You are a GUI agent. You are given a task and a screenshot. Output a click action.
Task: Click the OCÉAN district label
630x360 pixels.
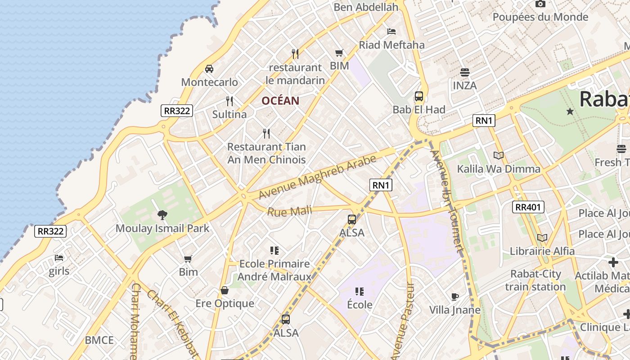tap(280, 101)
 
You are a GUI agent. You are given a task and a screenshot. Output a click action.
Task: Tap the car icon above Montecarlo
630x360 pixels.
tap(209, 69)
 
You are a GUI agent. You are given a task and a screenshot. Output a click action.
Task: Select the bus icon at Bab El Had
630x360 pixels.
tap(419, 96)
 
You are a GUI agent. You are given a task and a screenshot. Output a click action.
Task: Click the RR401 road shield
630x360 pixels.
tap(528, 207)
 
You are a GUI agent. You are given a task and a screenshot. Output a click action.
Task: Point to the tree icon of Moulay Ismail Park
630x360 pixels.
tap(162, 215)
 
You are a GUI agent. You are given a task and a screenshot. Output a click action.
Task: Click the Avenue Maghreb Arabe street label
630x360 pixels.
tap(318, 177)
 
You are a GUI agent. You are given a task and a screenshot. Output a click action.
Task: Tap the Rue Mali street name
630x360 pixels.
tap(289, 211)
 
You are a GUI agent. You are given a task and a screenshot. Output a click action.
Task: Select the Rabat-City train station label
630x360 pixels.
tap(535, 280)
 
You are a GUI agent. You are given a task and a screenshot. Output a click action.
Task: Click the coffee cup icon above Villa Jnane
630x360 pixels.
tap(455, 297)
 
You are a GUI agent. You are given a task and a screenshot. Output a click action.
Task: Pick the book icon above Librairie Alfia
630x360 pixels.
tap(542, 238)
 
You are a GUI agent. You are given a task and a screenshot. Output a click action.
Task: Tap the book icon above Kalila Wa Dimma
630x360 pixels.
tap(498, 155)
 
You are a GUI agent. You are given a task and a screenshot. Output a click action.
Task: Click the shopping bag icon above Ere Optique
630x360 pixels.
tap(225, 290)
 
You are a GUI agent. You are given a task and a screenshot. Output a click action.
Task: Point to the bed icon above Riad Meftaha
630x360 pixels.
tap(391, 31)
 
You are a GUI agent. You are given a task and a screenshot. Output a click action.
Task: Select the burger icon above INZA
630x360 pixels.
tap(464, 72)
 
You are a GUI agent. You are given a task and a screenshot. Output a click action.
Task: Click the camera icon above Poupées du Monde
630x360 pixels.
tap(540, 4)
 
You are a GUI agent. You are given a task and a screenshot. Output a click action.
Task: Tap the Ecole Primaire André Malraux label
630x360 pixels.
tap(274, 270)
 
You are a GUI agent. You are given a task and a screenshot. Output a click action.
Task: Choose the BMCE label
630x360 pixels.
tap(99, 340)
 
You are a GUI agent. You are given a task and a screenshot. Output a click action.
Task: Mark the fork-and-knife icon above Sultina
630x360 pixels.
tap(229, 101)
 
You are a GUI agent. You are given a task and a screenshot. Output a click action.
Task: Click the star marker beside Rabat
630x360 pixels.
tap(570, 111)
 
